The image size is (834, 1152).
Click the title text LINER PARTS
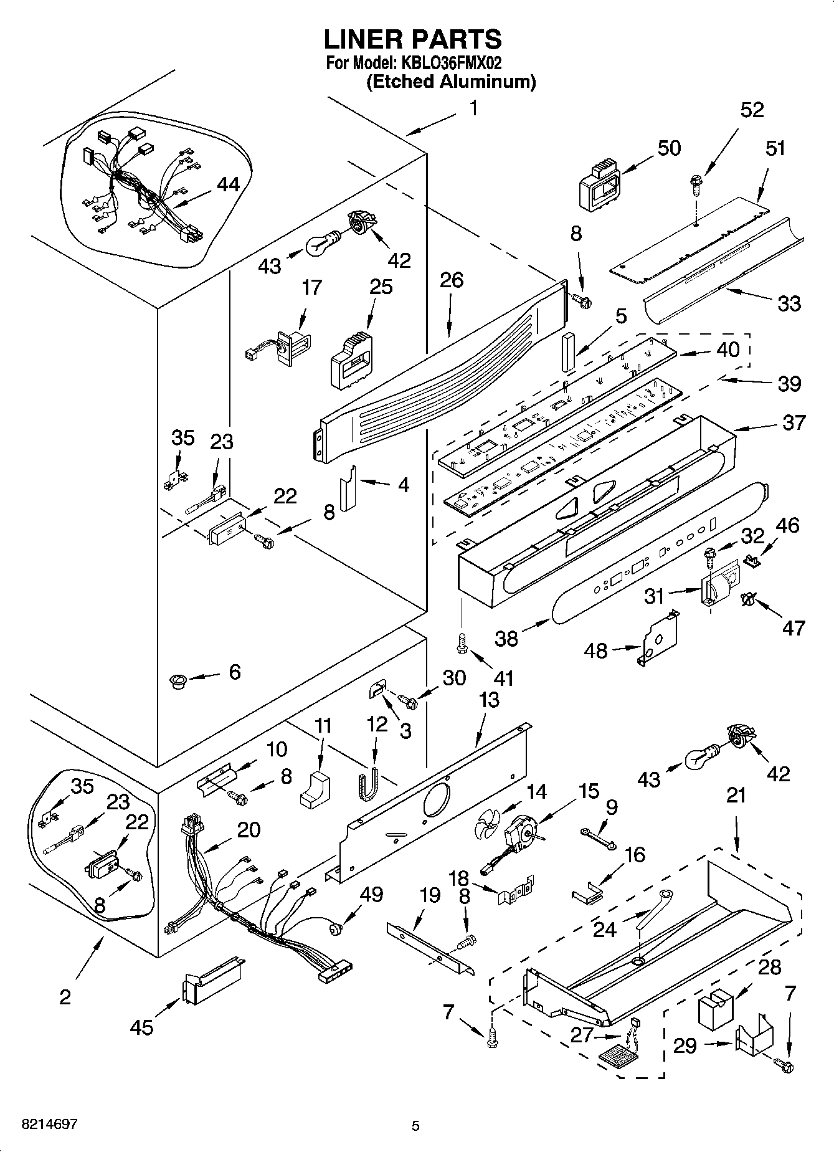pyautogui.click(x=412, y=39)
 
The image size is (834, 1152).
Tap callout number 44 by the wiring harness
pyautogui.click(x=228, y=184)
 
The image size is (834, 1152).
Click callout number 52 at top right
pyautogui.click(x=752, y=110)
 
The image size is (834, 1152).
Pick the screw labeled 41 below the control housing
pyautogui.click(x=462, y=644)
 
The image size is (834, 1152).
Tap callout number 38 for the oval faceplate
pyautogui.click(x=506, y=638)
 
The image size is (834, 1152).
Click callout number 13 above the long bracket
pyautogui.click(x=490, y=700)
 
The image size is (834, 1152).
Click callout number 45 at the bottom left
pyautogui.click(x=142, y=1026)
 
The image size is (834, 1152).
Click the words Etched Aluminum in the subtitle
pyautogui.click(x=451, y=82)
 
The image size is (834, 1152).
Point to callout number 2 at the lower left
pyautogui.click(x=65, y=996)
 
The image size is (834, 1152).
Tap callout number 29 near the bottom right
pyautogui.click(x=685, y=1045)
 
